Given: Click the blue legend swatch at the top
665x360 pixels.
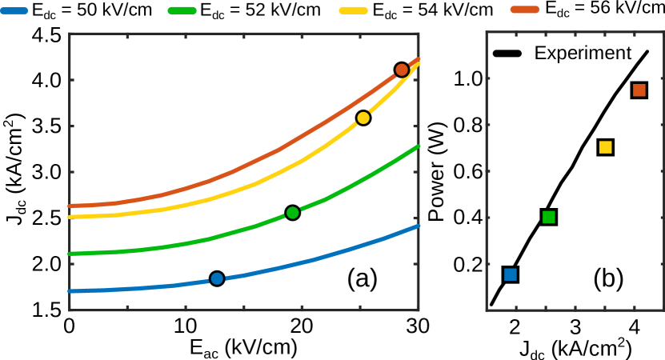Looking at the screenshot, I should pyautogui.click(x=14, y=10).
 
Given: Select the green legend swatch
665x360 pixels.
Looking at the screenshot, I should pyautogui.click(x=182, y=10).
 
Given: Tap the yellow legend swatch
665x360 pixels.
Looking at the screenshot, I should pyautogui.click(x=353, y=10).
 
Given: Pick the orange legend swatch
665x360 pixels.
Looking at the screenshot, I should pyautogui.click(x=524, y=10).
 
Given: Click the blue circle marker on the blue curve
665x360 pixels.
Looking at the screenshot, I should pyautogui.click(x=217, y=278).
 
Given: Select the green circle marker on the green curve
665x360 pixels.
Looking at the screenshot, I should pyautogui.click(x=292, y=213).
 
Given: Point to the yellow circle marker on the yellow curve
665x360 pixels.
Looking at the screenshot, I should pyautogui.click(x=363, y=118).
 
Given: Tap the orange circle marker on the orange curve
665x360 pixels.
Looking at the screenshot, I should pyautogui.click(x=402, y=70).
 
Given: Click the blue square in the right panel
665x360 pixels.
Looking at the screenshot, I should pyautogui.click(x=511, y=274).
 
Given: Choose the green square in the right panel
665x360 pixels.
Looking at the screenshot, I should pyautogui.click(x=548, y=217).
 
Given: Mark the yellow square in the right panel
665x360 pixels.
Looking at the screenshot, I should pyautogui.click(x=605, y=147).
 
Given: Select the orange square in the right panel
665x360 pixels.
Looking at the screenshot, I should pyautogui.click(x=639, y=90).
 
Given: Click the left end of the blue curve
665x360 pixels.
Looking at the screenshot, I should pyautogui.click(x=70, y=291).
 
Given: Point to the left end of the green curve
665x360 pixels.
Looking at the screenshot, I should pyautogui.click(x=70, y=254).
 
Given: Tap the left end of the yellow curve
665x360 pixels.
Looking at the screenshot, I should pyautogui.click(x=70, y=217).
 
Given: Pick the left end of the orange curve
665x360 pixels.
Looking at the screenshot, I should pyautogui.click(x=70, y=206).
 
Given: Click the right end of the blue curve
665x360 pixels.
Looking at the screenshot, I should pyautogui.click(x=418, y=226).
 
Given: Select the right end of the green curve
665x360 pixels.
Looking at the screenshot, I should pyautogui.click(x=418, y=146).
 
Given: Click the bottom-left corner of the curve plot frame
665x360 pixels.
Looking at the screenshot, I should pyautogui.click(x=70, y=310).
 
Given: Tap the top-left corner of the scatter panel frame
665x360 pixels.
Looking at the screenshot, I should pyautogui.click(x=487, y=33).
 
